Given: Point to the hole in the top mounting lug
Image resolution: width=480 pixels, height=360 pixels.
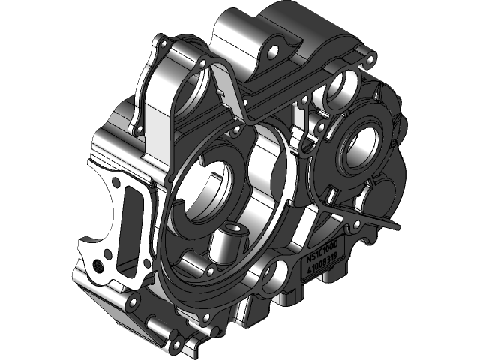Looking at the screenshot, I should click(x=271, y=52).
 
